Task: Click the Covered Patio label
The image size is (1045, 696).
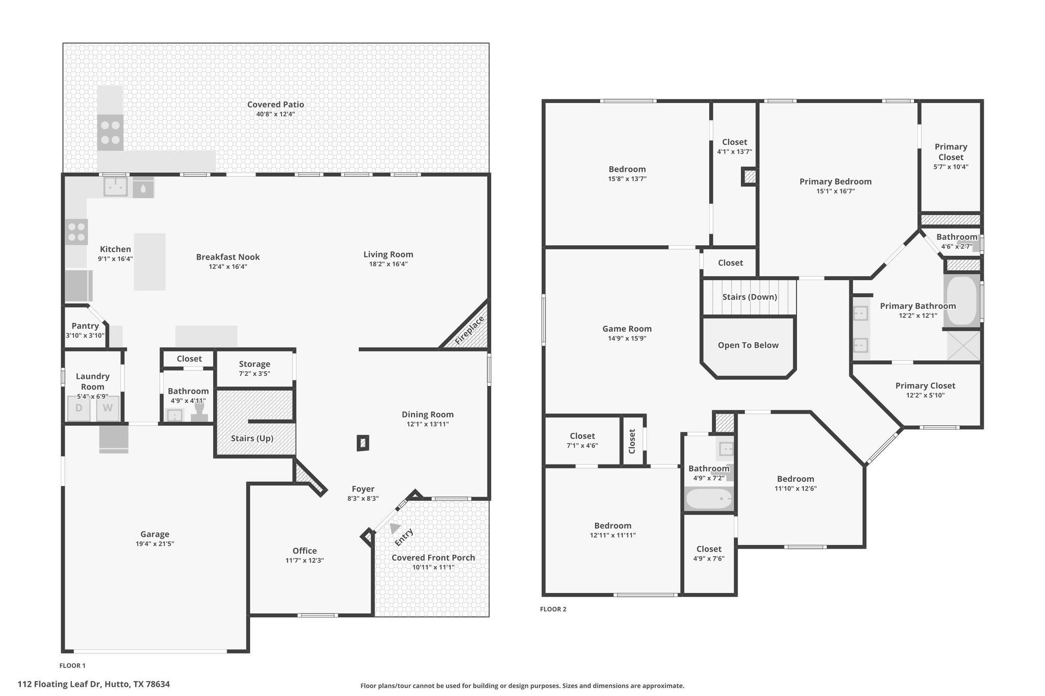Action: point(276,105)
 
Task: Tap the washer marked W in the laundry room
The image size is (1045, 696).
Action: point(108,408)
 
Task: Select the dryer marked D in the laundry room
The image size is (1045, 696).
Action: point(79,408)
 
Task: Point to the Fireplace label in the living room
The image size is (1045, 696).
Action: point(469,331)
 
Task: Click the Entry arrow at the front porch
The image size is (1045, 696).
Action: point(395,528)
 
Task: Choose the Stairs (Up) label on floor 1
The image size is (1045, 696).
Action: point(252,439)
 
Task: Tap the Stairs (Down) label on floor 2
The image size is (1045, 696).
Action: point(750,297)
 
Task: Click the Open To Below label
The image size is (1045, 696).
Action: point(748,345)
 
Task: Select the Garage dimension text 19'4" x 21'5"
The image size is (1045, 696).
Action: point(155,544)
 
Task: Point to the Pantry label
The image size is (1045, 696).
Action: point(85,326)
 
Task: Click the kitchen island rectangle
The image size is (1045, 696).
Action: point(150,262)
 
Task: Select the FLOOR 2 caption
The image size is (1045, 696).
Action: point(553,609)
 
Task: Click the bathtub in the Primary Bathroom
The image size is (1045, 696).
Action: point(962,301)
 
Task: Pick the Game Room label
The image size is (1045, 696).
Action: point(627,329)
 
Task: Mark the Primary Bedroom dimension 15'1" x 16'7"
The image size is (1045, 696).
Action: point(835,191)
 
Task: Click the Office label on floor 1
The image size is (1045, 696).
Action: point(305,551)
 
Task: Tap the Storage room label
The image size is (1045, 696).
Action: point(255,364)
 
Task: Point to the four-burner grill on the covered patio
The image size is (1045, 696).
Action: point(110,133)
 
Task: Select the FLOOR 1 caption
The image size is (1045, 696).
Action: point(72,665)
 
